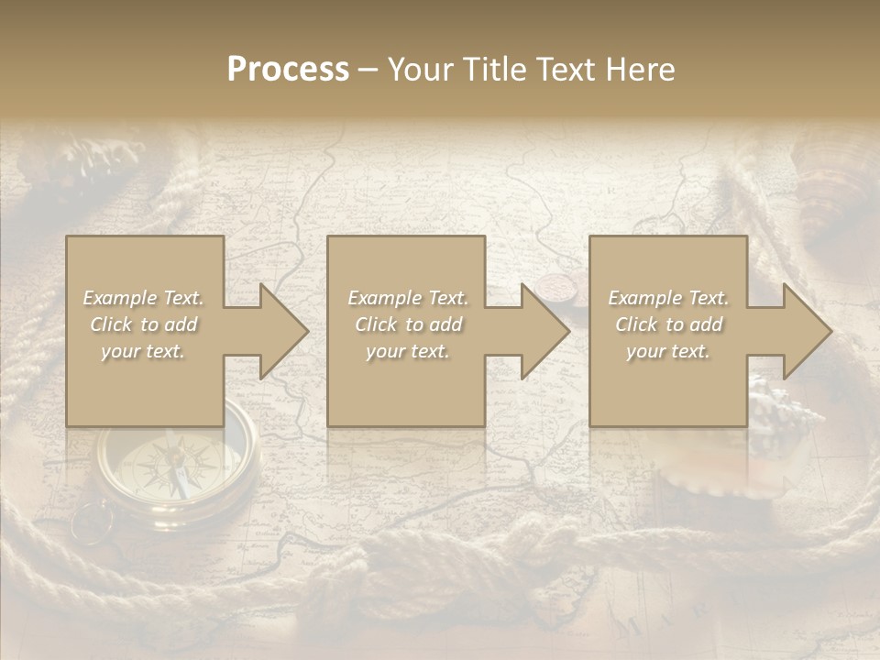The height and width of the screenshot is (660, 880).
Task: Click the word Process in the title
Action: coord(288,70)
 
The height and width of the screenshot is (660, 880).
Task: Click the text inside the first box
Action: coord(144,324)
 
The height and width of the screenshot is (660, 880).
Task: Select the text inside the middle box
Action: coord(407,324)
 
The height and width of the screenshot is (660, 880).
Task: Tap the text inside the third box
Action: coord(668,324)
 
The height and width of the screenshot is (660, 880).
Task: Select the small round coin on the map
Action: coord(554,287)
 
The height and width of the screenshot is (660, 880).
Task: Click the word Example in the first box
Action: coord(120,298)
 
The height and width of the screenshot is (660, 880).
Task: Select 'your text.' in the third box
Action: coord(668,351)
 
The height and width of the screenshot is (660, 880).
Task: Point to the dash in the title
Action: coord(368,70)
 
